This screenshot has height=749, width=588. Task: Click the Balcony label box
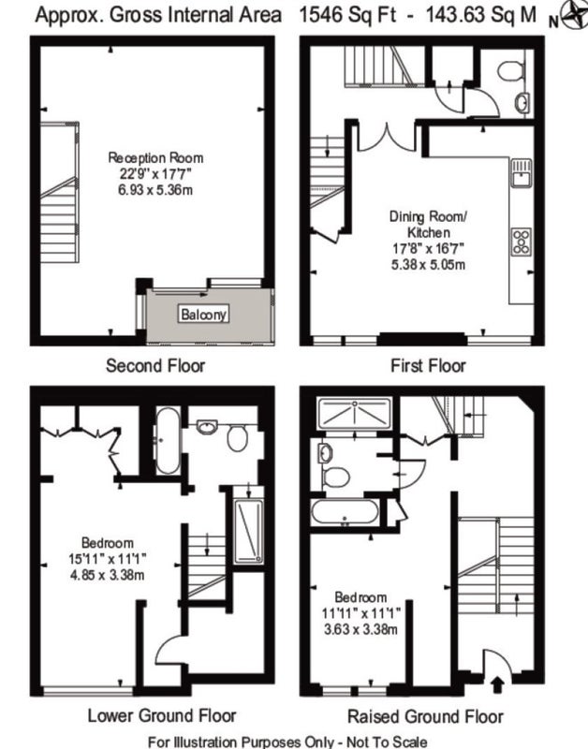(x=203, y=314)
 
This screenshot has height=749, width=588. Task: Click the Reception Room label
(x=155, y=157)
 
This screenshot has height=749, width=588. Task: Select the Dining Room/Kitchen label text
(x=428, y=225)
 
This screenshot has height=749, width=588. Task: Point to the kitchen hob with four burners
(x=522, y=242)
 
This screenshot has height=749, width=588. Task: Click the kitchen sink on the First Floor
(x=522, y=172)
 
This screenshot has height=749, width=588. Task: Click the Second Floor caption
(x=155, y=366)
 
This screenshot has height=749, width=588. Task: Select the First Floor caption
(x=428, y=366)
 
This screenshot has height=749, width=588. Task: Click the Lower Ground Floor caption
(x=162, y=715)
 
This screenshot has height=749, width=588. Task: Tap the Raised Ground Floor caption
(x=425, y=716)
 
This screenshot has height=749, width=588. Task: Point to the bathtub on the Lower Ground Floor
(x=168, y=440)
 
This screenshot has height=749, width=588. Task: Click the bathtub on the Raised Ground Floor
(x=345, y=512)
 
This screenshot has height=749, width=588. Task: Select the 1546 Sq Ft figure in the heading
(x=347, y=15)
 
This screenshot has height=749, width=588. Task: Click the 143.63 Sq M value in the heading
(x=481, y=15)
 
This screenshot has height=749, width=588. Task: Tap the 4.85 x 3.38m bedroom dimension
(x=108, y=575)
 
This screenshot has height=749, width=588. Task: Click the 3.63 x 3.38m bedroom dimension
(x=360, y=629)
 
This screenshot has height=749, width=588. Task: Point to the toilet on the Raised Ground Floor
(x=336, y=477)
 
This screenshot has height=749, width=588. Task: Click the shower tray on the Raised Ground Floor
(x=354, y=414)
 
